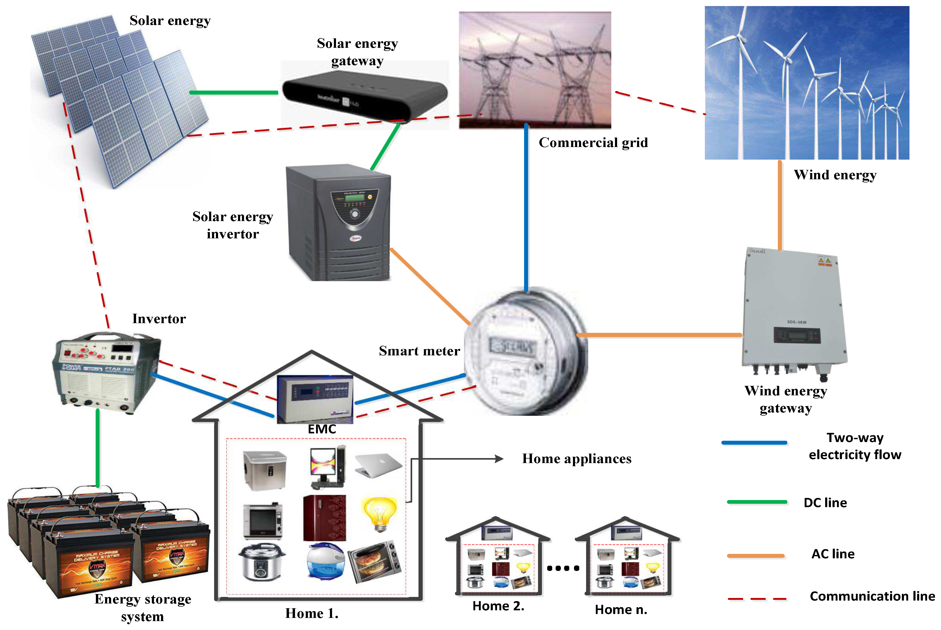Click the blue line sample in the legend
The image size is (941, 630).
(754, 443)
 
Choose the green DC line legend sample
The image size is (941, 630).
(757, 502)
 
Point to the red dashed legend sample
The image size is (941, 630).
(757, 599)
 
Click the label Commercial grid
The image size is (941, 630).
(593, 143)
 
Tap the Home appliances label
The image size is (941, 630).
(577, 459)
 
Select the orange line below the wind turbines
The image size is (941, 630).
(780, 205)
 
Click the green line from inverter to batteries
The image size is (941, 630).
(98, 448)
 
